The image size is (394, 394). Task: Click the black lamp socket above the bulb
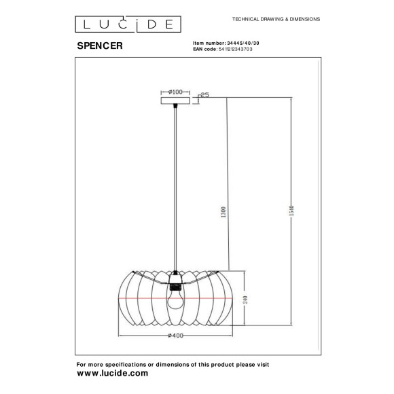(176, 279)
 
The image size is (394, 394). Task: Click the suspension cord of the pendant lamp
(176, 183)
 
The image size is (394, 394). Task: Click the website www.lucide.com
(112, 374)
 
